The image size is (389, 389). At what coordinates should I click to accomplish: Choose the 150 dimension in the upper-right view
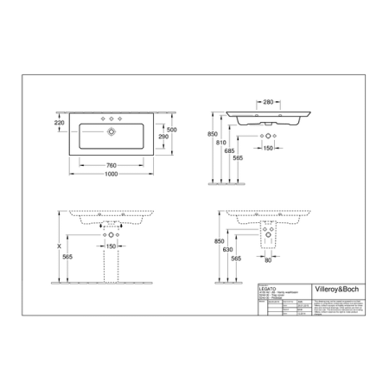tap(269, 149)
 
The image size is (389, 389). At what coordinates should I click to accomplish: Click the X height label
tap(59, 246)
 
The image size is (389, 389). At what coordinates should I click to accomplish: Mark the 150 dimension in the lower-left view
tap(111, 246)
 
